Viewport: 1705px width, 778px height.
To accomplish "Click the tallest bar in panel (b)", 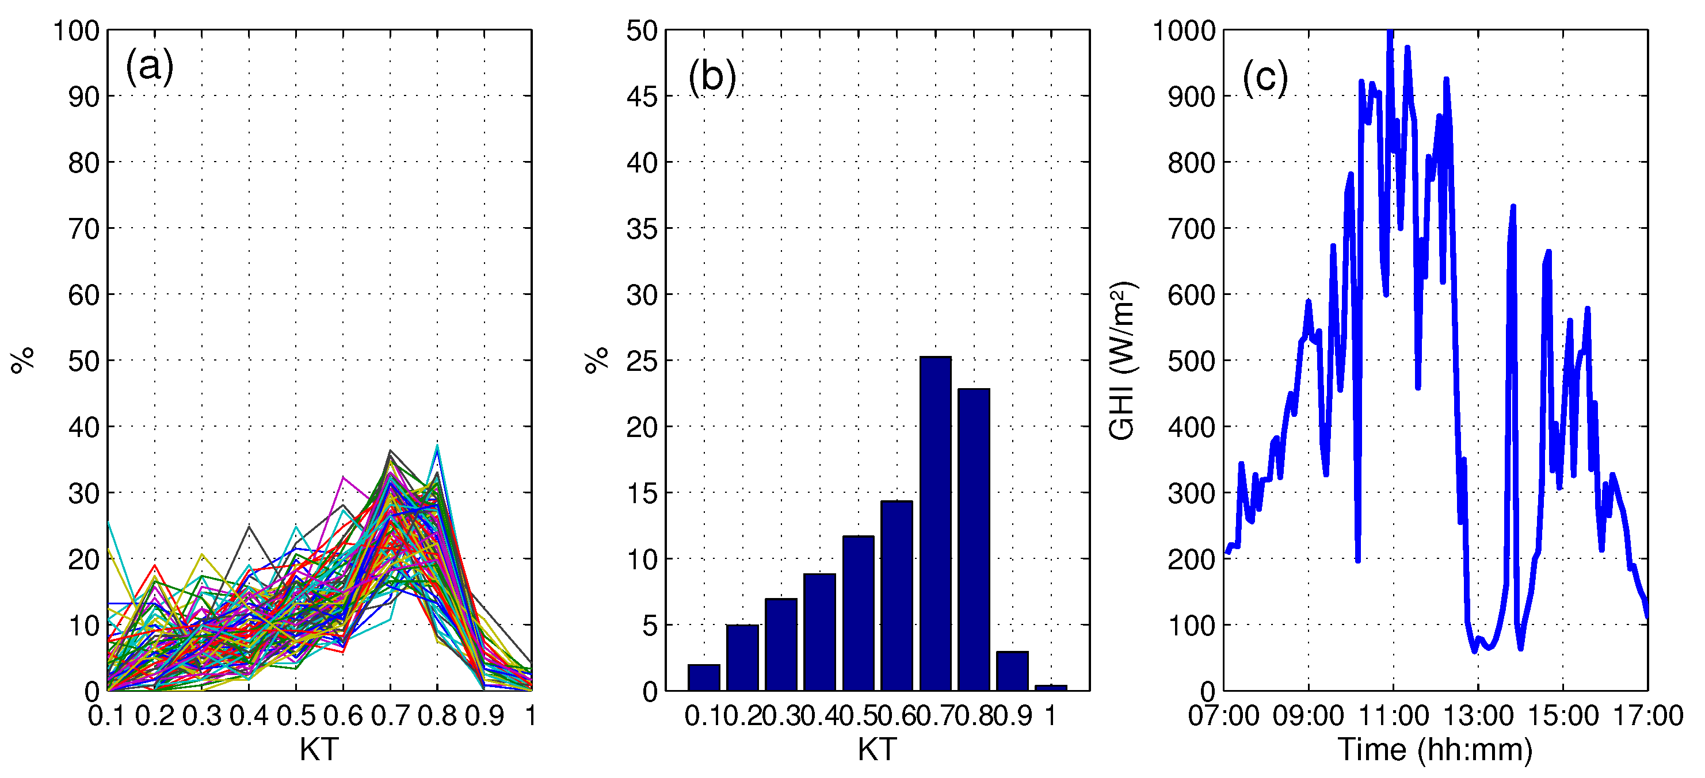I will click(935, 523).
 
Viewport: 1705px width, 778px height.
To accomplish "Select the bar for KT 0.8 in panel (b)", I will click(974, 539).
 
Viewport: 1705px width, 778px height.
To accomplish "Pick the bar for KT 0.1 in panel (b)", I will click(704, 677).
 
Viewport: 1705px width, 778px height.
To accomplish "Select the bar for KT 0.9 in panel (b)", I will click(1012, 671).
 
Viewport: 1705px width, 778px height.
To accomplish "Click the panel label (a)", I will click(150, 66).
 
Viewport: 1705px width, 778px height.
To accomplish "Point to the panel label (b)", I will click(712, 76).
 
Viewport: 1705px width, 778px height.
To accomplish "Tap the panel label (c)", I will click(1265, 78).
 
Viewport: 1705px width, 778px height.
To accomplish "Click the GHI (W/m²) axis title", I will click(1123, 361).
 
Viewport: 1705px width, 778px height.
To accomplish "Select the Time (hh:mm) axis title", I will click(1435, 750).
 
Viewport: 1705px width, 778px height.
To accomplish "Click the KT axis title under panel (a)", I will click(319, 750).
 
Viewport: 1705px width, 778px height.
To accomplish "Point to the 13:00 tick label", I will click(1478, 716).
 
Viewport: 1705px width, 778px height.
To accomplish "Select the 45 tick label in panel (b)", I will click(642, 97).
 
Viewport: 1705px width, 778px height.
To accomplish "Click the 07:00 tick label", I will click(1224, 716).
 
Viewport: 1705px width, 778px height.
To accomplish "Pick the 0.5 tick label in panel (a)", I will click(296, 716).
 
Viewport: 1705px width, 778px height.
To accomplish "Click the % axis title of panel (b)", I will click(597, 361).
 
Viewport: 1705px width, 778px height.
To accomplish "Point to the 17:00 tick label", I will click(1647, 716).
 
